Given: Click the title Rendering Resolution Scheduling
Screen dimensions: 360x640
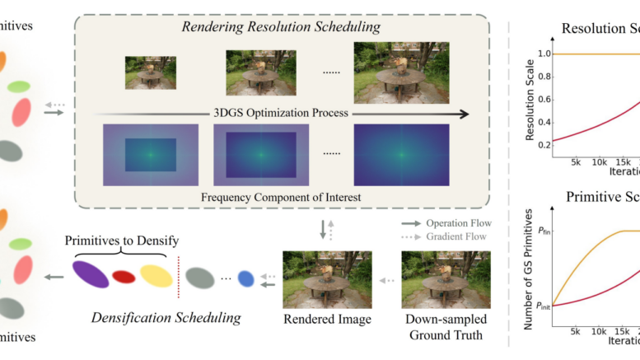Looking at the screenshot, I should click(x=281, y=28).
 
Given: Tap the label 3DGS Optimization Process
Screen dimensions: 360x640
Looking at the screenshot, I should click(x=281, y=113).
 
